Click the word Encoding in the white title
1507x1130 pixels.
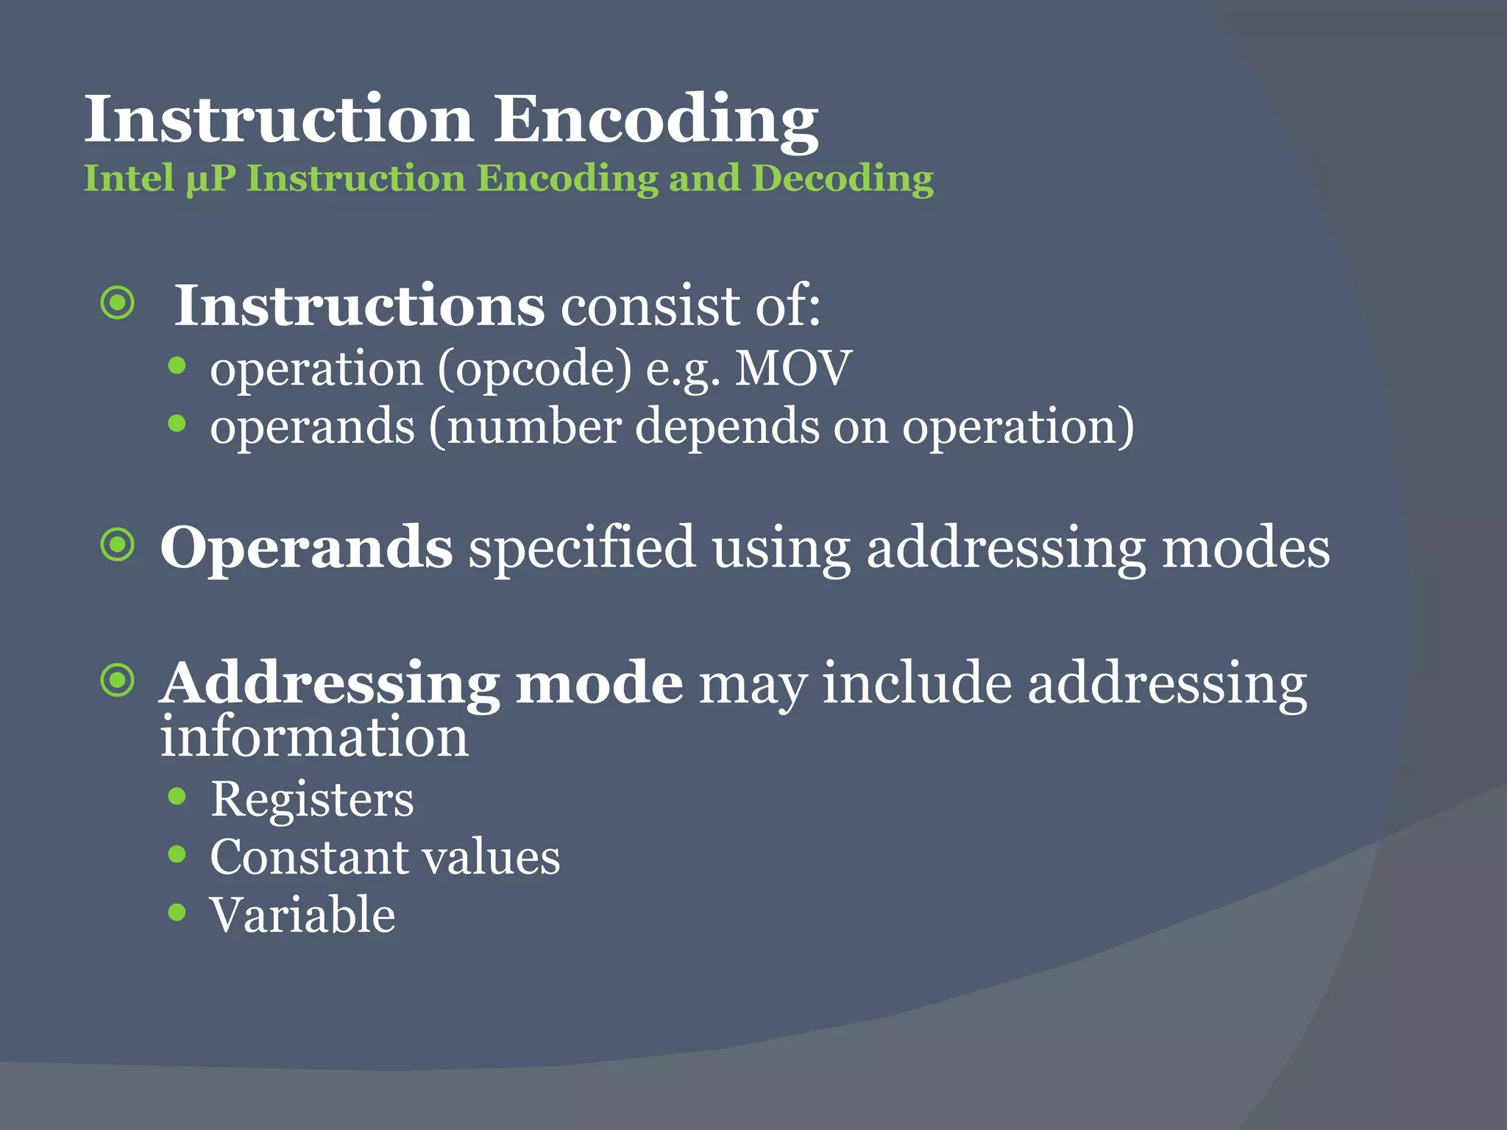(x=655, y=120)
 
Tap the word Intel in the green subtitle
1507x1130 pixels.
(x=129, y=179)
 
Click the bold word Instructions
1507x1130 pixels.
(x=359, y=305)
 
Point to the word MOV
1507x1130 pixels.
(x=792, y=368)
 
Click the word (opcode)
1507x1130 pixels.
(x=534, y=368)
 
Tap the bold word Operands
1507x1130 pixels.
(x=306, y=548)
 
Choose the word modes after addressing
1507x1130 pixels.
(x=1245, y=548)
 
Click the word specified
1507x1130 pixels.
(x=581, y=548)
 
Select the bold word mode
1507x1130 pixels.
(x=599, y=683)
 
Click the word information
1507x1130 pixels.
(x=314, y=737)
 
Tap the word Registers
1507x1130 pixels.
(x=312, y=799)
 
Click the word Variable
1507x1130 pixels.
(x=302, y=915)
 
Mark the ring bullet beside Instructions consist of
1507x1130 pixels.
(x=118, y=303)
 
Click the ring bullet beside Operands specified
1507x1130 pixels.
(x=118, y=545)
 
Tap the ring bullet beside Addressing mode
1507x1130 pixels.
(x=118, y=681)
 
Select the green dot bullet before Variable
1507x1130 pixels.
(x=177, y=913)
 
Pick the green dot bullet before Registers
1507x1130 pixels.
(x=177, y=796)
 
